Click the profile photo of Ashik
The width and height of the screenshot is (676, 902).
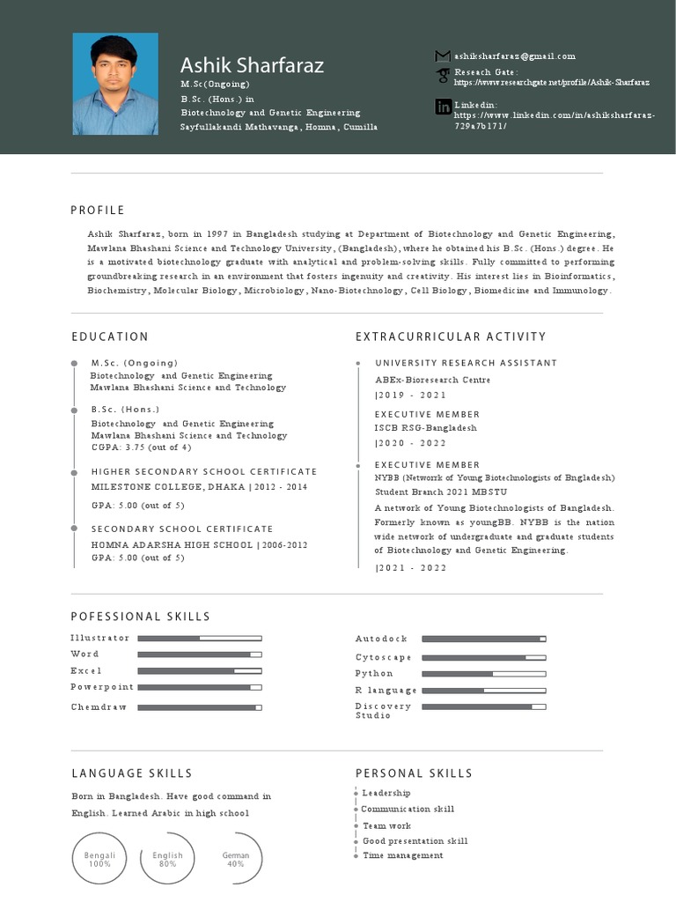(115, 84)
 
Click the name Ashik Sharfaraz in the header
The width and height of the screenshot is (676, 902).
(252, 65)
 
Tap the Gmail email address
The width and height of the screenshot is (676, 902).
(515, 56)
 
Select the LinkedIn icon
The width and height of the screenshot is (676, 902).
(443, 107)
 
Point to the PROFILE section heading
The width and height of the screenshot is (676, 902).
(98, 210)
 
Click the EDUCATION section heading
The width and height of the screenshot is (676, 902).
(110, 336)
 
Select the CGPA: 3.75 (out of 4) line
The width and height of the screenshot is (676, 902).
(141, 447)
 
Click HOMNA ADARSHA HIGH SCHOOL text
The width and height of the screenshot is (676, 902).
(172, 545)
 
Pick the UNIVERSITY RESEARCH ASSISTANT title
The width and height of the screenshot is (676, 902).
(466, 363)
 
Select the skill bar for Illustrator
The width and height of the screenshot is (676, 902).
(200, 638)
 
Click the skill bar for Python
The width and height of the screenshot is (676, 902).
(483, 674)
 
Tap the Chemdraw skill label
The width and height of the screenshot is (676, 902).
(99, 707)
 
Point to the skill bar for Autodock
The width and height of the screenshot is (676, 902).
(483, 639)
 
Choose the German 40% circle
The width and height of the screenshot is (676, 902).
(236, 860)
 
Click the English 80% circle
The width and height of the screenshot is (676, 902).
(167, 860)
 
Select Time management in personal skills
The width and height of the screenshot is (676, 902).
(403, 856)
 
